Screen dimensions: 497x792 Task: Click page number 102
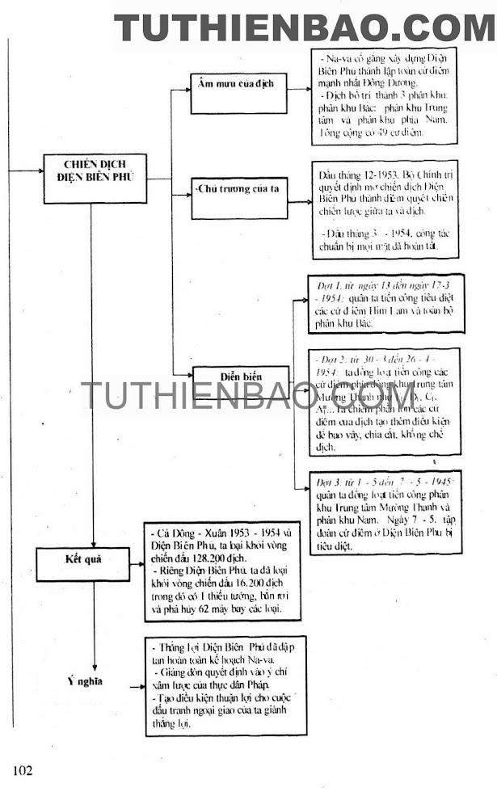(22, 769)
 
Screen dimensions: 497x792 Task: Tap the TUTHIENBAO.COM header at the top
(305, 27)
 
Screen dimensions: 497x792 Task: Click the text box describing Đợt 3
(386, 512)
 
